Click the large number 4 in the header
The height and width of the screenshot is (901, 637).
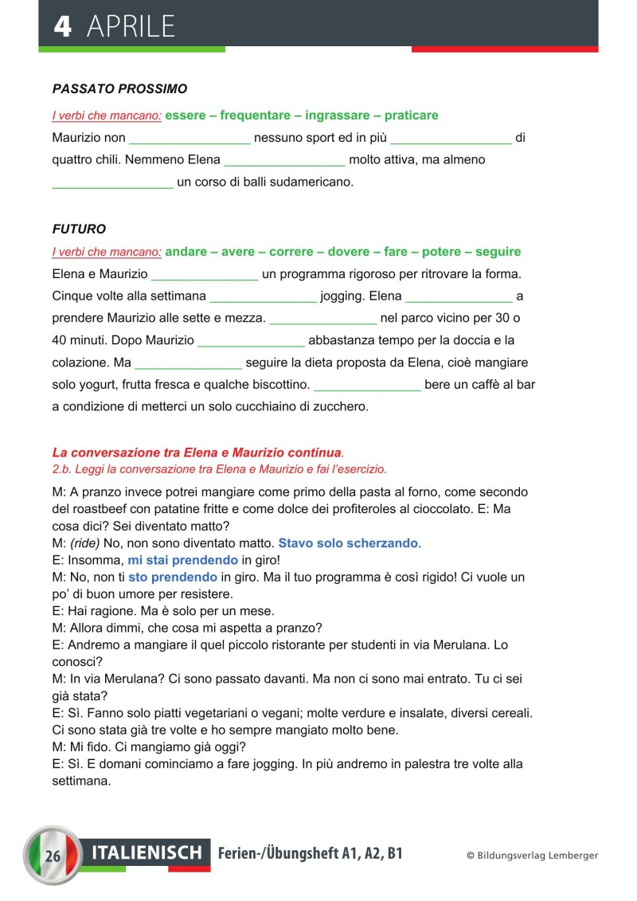point(63,25)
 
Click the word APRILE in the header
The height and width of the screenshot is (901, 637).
point(131,26)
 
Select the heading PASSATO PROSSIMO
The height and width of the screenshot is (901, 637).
point(119,88)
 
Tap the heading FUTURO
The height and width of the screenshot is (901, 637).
point(79,229)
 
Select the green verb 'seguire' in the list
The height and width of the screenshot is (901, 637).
point(498,252)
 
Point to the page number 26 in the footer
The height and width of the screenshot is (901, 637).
point(53,857)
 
